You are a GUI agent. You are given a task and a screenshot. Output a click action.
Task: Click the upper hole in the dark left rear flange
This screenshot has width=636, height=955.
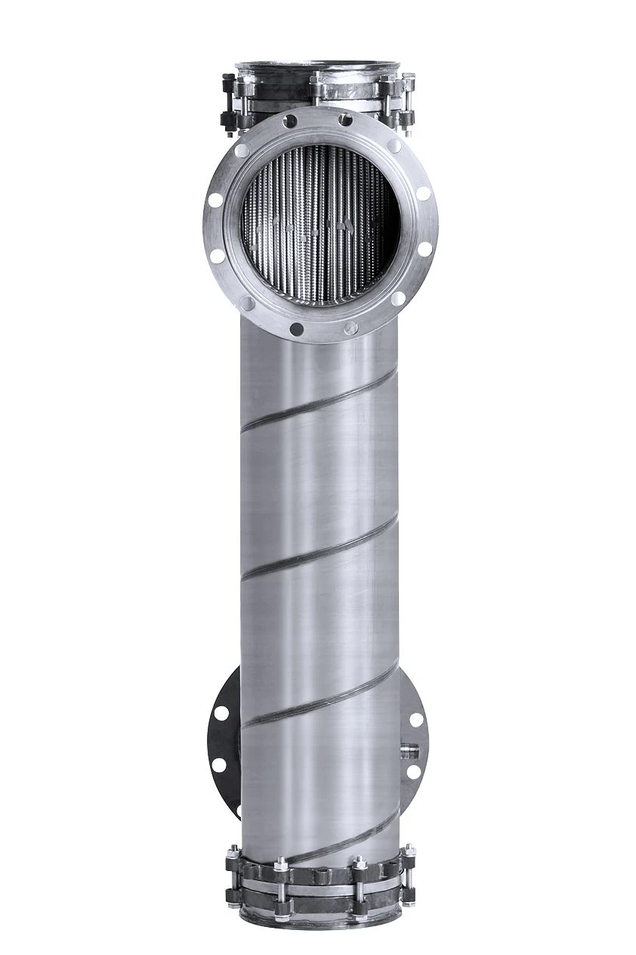pos(221,712)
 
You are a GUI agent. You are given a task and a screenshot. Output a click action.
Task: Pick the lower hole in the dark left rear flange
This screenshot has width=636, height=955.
pos(219,764)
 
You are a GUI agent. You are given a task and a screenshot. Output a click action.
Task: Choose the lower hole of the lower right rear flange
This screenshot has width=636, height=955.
pos(414,772)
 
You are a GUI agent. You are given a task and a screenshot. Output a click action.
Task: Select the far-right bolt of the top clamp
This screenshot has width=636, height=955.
pos(408,98)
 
